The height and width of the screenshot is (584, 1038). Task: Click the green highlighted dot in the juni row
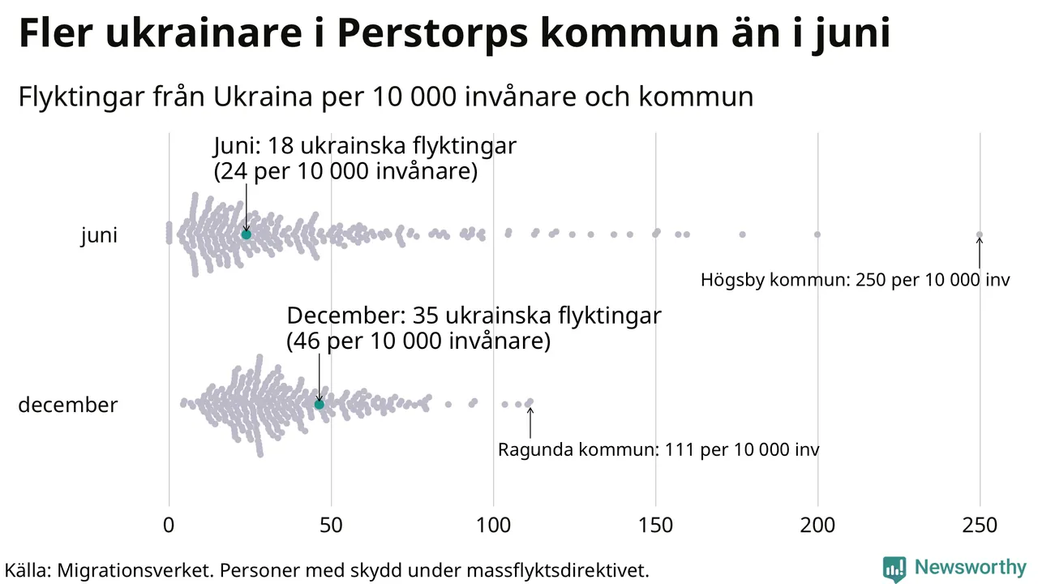coord(246,234)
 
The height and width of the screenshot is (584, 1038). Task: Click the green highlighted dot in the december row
coord(319,404)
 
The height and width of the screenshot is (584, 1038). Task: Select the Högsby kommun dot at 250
coord(980,234)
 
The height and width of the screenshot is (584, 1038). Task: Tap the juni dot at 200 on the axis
coord(817,234)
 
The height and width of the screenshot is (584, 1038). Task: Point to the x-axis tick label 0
coord(169,526)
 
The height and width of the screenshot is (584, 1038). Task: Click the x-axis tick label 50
coord(331,526)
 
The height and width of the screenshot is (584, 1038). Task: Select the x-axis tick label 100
coord(493,526)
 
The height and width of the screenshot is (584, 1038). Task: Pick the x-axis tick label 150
coord(655,526)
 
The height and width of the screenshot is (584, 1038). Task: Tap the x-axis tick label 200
coord(817,526)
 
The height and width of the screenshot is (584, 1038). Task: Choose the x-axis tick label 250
coord(980,526)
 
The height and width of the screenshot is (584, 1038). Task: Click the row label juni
coord(99,236)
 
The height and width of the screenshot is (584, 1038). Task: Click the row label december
coord(67,405)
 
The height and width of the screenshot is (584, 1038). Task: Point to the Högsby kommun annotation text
coord(855,281)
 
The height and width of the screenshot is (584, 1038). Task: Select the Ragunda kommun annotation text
coord(658,449)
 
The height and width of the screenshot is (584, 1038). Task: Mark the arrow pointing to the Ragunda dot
coord(530,423)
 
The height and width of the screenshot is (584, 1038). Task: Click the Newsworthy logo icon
coord(894,568)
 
